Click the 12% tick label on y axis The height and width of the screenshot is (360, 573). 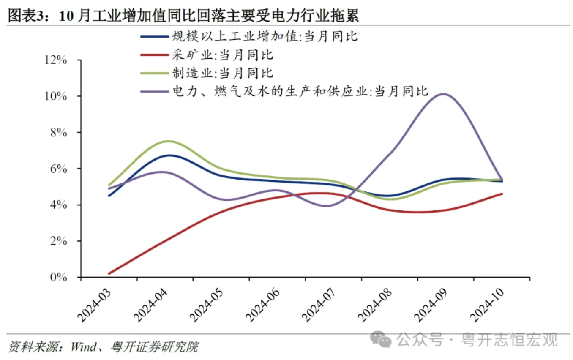(55, 60)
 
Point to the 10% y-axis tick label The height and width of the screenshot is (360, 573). (55, 97)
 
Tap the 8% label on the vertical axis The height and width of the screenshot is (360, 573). (58, 133)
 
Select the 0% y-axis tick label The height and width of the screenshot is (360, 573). (58, 278)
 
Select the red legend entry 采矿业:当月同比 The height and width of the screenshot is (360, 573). (222, 55)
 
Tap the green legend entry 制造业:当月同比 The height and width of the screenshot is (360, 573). (222, 73)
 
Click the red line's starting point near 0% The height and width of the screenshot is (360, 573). (109, 273)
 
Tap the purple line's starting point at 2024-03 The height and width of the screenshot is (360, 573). (109, 188)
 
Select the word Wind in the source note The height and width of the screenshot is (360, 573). (83, 347)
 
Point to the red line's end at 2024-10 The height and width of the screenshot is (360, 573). (502, 194)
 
